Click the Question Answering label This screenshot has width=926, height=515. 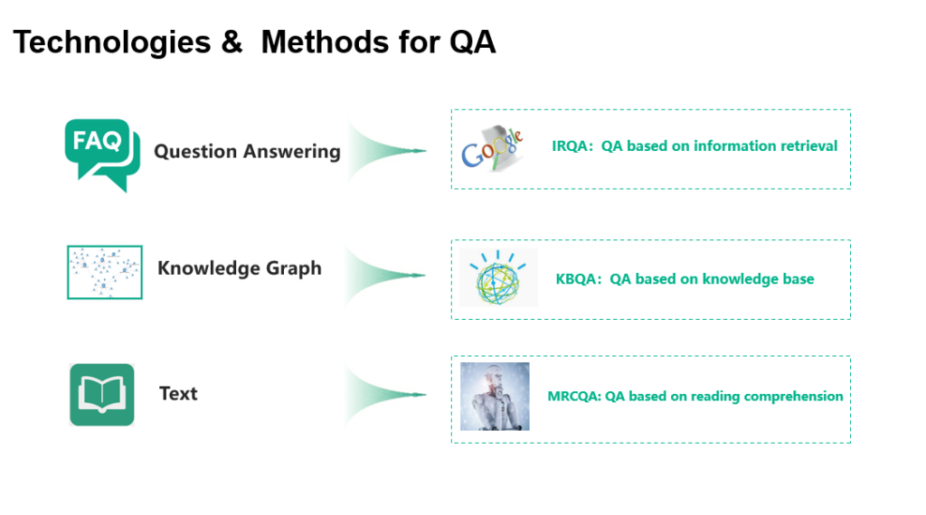pyautogui.click(x=247, y=151)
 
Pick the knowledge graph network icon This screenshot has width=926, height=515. pyautogui.click(x=104, y=271)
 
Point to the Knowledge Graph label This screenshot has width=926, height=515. pyautogui.click(x=239, y=268)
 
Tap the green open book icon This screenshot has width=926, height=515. pyautogui.click(x=101, y=394)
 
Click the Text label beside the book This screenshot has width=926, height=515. pyautogui.click(x=178, y=393)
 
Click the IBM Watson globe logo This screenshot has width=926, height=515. pyautogui.click(x=498, y=277)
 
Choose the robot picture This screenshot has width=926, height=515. pyautogui.click(x=495, y=396)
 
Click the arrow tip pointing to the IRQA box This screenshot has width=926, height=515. pyautogui.click(x=422, y=150)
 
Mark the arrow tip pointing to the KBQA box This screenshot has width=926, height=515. pyautogui.click(x=422, y=274)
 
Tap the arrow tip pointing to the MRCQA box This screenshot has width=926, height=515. pyautogui.click(x=422, y=394)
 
